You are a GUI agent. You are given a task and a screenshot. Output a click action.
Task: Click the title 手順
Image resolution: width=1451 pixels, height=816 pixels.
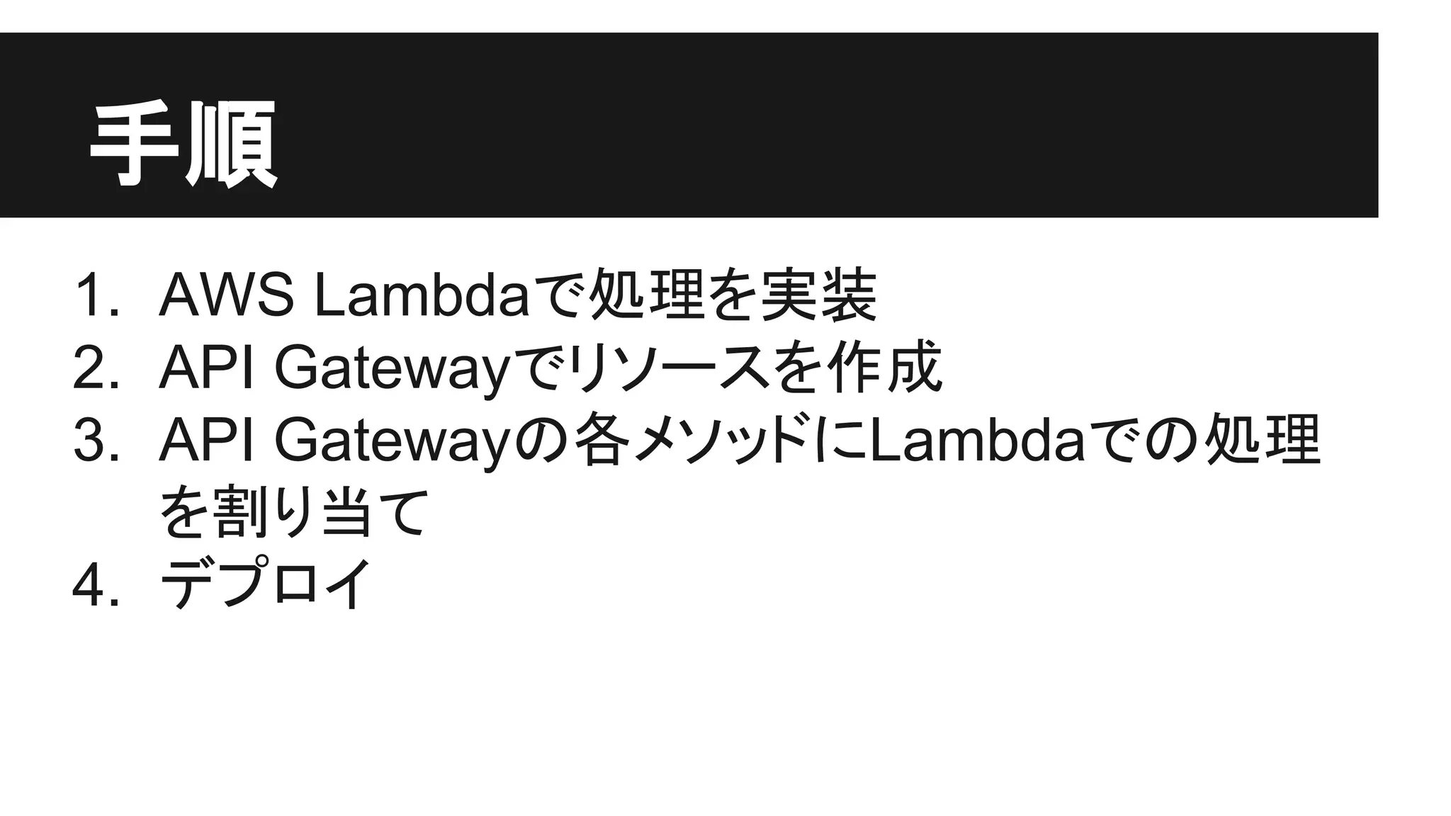tap(183, 144)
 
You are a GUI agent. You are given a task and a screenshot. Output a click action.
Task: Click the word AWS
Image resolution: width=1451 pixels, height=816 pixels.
tap(226, 295)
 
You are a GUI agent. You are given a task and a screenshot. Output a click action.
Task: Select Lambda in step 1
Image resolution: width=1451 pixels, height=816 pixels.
tap(421, 295)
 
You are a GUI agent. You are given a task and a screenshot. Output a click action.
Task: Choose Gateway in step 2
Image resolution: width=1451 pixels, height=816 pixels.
tap(391, 368)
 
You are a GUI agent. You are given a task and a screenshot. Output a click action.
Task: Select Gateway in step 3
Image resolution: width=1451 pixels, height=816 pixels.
tap(391, 441)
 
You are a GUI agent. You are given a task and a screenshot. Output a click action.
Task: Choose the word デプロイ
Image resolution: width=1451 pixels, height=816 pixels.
tap(266, 584)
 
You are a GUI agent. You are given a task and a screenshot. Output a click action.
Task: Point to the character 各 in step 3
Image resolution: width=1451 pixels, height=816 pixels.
tap(601, 440)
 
